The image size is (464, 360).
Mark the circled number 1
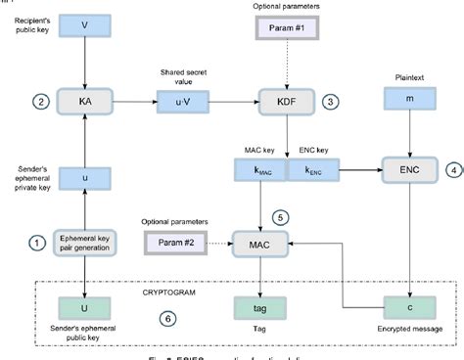tap(36, 242)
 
